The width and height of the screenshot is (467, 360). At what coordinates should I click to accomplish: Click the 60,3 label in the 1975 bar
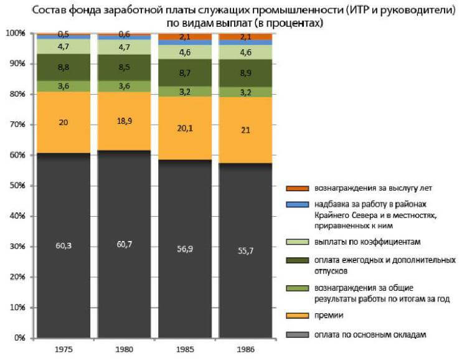pos(63,246)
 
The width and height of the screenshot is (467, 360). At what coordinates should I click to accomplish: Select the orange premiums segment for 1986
pos(245,130)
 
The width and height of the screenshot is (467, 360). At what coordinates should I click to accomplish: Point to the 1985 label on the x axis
pos(184,349)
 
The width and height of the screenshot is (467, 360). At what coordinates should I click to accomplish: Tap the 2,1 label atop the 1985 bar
pos(184,37)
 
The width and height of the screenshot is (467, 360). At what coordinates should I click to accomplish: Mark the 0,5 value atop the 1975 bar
pos(63,34)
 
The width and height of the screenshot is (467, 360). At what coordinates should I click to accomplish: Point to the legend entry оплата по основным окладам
pos(370,334)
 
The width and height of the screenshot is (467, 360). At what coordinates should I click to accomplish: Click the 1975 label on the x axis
pos(63,349)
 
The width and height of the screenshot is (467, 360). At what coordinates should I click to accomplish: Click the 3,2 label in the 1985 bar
pos(184,92)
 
